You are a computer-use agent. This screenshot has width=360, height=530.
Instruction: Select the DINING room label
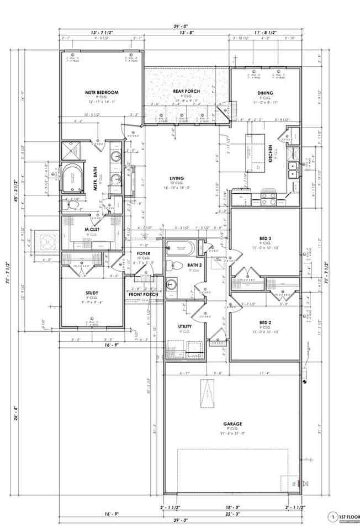tap(266, 93)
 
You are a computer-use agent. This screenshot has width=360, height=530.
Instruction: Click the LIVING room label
tap(177, 178)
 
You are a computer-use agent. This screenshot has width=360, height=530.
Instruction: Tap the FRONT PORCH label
tap(144, 294)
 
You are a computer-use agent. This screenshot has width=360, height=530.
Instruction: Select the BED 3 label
tap(266, 239)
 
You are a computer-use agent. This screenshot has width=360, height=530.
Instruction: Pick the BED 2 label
tap(266, 322)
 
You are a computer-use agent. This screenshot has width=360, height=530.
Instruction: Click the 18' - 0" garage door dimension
tap(232, 506)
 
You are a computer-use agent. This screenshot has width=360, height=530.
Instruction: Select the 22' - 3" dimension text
tap(232, 515)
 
